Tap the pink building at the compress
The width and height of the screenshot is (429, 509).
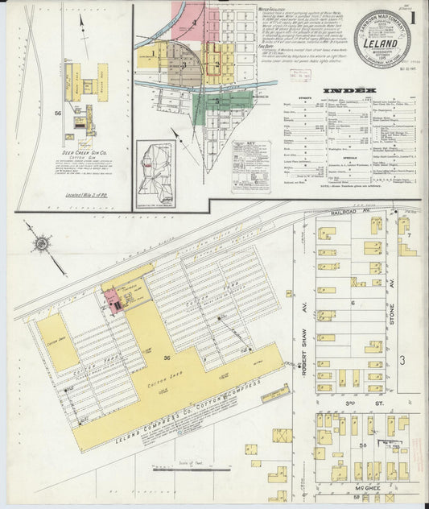coord(113,300)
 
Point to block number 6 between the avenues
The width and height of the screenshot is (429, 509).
coord(353,303)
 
